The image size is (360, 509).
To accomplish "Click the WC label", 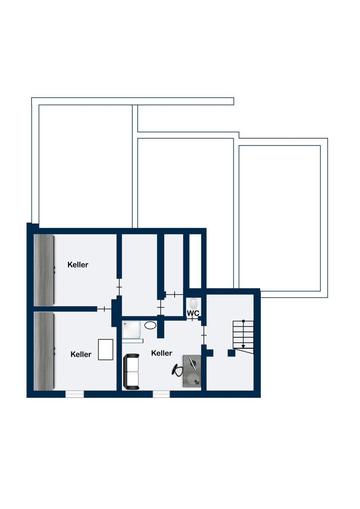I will pyautogui.click(x=193, y=313).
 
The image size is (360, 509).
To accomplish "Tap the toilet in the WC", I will pyautogui.click(x=194, y=302).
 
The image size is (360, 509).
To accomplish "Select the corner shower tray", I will pyautogui.click(x=131, y=330).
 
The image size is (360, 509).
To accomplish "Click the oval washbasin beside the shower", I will pyautogui.click(x=150, y=325).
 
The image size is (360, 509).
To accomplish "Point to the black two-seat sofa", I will pyautogui.click(x=131, y=372).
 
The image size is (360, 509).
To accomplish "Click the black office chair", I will pyautogui.click(x=177, y=370).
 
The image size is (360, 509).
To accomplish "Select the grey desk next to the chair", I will pyautogui.click(x=192, y=371).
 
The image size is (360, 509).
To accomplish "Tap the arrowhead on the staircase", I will pyautogui.click(x=243, y=346).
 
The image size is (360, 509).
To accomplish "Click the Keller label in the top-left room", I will pyautogui.click(x=78, y=265).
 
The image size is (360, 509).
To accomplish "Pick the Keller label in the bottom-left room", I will pyautogui.click(x=81, y=354).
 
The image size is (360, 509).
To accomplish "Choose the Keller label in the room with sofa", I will pyautogui.click(x=162, y=353).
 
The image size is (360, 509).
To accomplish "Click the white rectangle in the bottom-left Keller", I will pyautogui.click(x=106, y=350).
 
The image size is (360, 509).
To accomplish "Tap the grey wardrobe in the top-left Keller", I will pyautogui.click(x=44, y=270).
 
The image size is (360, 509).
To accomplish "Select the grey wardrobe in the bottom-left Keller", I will pyautogui.click(x=44, y=351).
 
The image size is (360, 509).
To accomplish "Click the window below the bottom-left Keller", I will pyautogui.click(x=75, y=394).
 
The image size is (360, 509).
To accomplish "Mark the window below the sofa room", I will pyautogui.click(x=161, y=394).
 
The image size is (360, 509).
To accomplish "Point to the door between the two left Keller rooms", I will pyautogui.click(x=104, y=309).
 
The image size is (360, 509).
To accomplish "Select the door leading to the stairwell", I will pyautogui.click(x=204, y=335).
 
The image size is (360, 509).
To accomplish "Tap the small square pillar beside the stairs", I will pyautogui.click(x=231, y=353).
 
